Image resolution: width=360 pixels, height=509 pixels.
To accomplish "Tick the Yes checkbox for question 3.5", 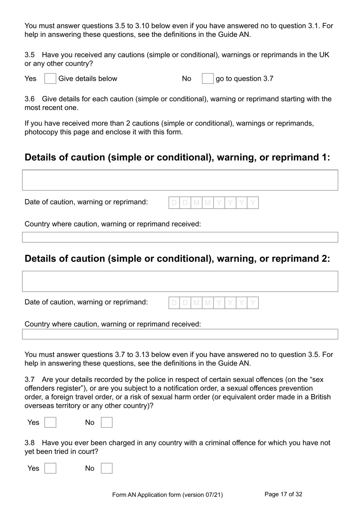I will tap(50, 79).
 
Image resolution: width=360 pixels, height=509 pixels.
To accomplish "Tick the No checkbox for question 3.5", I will tap(207, 79).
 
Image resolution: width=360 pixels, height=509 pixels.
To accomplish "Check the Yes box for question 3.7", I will tap(50, 423).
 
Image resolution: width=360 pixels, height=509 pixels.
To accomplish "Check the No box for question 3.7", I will tap(106, 423).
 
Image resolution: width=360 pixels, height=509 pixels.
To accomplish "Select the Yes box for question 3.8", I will tap(50, 468).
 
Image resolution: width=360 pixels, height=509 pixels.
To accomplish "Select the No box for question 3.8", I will tap(106, 468).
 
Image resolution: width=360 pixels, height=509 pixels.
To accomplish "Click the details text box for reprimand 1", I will tap(180, 180).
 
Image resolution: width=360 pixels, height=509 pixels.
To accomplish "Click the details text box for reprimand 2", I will tap(180, 281).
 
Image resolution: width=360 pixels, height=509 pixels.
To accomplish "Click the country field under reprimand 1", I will tap(180, 237).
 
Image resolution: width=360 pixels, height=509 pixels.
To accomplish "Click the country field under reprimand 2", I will tap(180, 334).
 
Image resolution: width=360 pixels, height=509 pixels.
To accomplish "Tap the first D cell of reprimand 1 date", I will tap(174, 203).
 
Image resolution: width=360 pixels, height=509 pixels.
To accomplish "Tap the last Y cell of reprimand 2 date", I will tap(253, 303).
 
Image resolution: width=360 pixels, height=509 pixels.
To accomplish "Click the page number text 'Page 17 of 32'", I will tap(283, 494).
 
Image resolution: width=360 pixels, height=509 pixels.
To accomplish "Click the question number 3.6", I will tap(30, 99).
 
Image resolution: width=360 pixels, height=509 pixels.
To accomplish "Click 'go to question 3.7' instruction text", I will tap(244, 79).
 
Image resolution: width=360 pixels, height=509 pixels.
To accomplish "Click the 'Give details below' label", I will tap(88, 79).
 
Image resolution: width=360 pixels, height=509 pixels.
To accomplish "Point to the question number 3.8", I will tap(30, 443).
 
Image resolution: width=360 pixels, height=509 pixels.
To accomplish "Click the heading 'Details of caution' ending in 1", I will tap(177, 157).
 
